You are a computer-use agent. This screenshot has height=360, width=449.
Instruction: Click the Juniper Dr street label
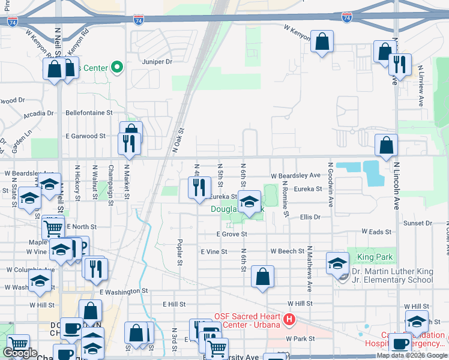pyautogui.click(x=157, y=61)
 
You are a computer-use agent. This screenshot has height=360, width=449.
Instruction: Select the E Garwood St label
pyautogui.click(x=86, y=136)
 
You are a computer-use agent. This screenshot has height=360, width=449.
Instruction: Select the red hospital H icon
pyautogui.click(x=290, y=320)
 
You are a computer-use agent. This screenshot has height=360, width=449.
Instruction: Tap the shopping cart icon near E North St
pyautogui.click(x=53, y=227)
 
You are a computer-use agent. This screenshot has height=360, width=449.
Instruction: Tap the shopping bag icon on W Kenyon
pyautogui.click(x=322, y=41)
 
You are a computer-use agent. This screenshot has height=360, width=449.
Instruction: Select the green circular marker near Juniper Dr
pyautogui.click(x=118, y=67)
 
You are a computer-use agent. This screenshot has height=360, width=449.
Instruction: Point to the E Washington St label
pyautogui.click(x=124, y=291)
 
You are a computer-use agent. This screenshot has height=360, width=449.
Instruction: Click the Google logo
pyautogui.click(x=20, y=353)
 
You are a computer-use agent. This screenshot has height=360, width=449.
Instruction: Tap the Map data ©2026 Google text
pyautogui.click(x=411, y=355)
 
